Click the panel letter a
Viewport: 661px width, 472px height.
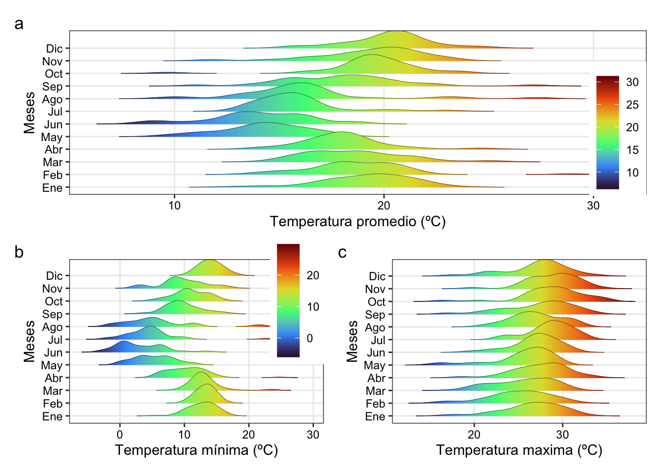coord(19,24)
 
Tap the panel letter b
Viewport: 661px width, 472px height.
coord(19,252)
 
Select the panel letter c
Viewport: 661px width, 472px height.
coord(342,252)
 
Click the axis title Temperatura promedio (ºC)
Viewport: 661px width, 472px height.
coord(358,222)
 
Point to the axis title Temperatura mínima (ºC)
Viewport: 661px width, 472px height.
coord(196,450)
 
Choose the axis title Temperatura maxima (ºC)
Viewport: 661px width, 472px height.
coord(519,450)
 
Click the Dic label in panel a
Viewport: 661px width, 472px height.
coord(54,49)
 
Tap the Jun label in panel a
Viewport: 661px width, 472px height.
coord(53,124)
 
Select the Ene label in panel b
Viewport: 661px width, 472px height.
coord(53,416)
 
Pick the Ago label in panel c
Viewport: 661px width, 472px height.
coord(375,327)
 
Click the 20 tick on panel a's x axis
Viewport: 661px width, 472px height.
coord(384,206)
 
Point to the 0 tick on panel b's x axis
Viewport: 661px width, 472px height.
coord(120,435)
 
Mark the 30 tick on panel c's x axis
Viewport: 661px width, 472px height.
coord(562,435)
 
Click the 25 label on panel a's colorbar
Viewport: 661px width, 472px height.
coord(632,105)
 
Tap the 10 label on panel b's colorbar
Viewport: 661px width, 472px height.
coord(313,307)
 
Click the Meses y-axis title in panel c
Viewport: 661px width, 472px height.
coord(352,341)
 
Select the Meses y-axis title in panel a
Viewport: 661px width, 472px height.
coord(30,113)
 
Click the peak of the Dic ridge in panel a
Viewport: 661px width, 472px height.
coord(396,31)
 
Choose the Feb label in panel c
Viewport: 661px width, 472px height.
coord(375,404)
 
